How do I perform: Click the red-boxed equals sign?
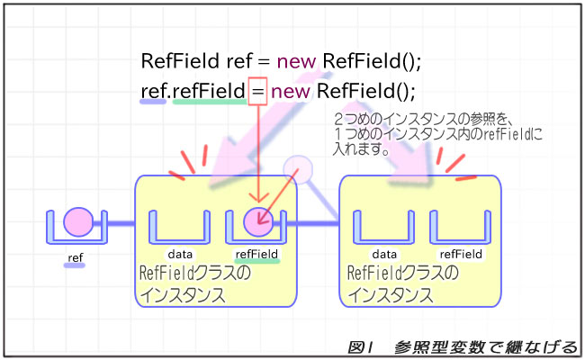point(257,91)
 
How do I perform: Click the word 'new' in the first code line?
point(292,62)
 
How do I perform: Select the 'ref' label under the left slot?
point(76,258)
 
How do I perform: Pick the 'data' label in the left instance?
point(181,255)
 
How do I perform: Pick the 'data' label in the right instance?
point(384,255)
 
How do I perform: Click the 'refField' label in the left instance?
point(256,255)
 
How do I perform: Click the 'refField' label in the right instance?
point(462,255)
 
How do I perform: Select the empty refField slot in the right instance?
point(460,227)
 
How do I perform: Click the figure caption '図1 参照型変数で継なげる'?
point(460,347)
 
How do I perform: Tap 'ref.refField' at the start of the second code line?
point(193,91)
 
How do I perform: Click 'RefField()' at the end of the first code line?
point(373,62)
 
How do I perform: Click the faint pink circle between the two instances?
point(297,168)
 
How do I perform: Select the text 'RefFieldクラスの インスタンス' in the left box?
point(195,283)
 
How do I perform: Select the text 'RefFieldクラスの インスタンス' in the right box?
point(402,283)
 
